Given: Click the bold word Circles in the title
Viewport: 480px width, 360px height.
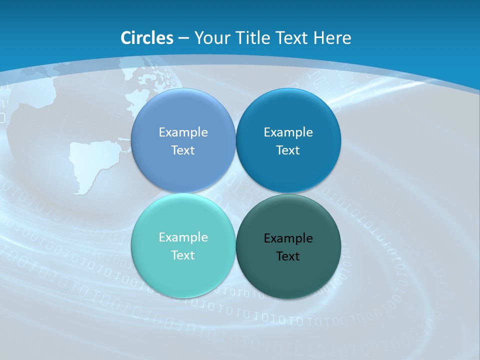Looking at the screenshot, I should (147, 38).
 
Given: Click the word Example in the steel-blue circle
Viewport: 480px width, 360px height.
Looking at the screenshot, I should (183, 132).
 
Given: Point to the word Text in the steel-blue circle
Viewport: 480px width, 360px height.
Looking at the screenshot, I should (183, 150).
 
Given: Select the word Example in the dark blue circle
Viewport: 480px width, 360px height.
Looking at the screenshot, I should (288, 132).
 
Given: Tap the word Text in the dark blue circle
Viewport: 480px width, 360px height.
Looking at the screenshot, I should (288, 150).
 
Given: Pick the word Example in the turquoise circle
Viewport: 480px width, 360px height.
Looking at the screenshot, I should (183, 237).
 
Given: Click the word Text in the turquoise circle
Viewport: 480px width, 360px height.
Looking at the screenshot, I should (183, 255).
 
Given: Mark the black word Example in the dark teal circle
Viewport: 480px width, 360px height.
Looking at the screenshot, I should (288, 238).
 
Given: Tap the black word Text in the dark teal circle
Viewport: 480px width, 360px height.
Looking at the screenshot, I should (288, 256).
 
